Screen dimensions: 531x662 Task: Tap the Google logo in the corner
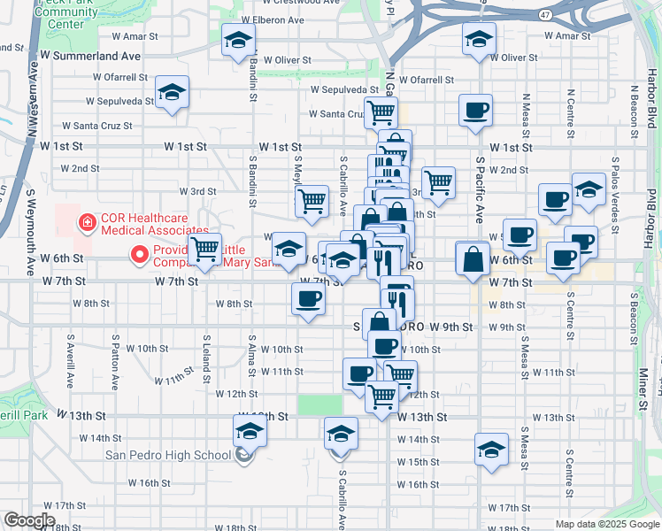point(29,520)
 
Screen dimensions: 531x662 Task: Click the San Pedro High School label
point(168,456)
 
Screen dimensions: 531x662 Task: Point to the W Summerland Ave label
point(97,55)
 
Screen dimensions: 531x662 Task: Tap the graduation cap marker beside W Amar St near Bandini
point(238,41)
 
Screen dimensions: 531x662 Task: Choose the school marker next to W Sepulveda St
point(172,93)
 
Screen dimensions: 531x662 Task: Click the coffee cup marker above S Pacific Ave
point(475,111)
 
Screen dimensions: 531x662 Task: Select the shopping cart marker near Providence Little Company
point(204,249)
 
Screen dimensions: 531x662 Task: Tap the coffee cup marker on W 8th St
point(307,299)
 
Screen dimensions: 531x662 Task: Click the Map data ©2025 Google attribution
point(606,524)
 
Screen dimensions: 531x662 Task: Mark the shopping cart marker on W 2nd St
point(438,183)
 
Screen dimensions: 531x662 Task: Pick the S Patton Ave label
point(115,362)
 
